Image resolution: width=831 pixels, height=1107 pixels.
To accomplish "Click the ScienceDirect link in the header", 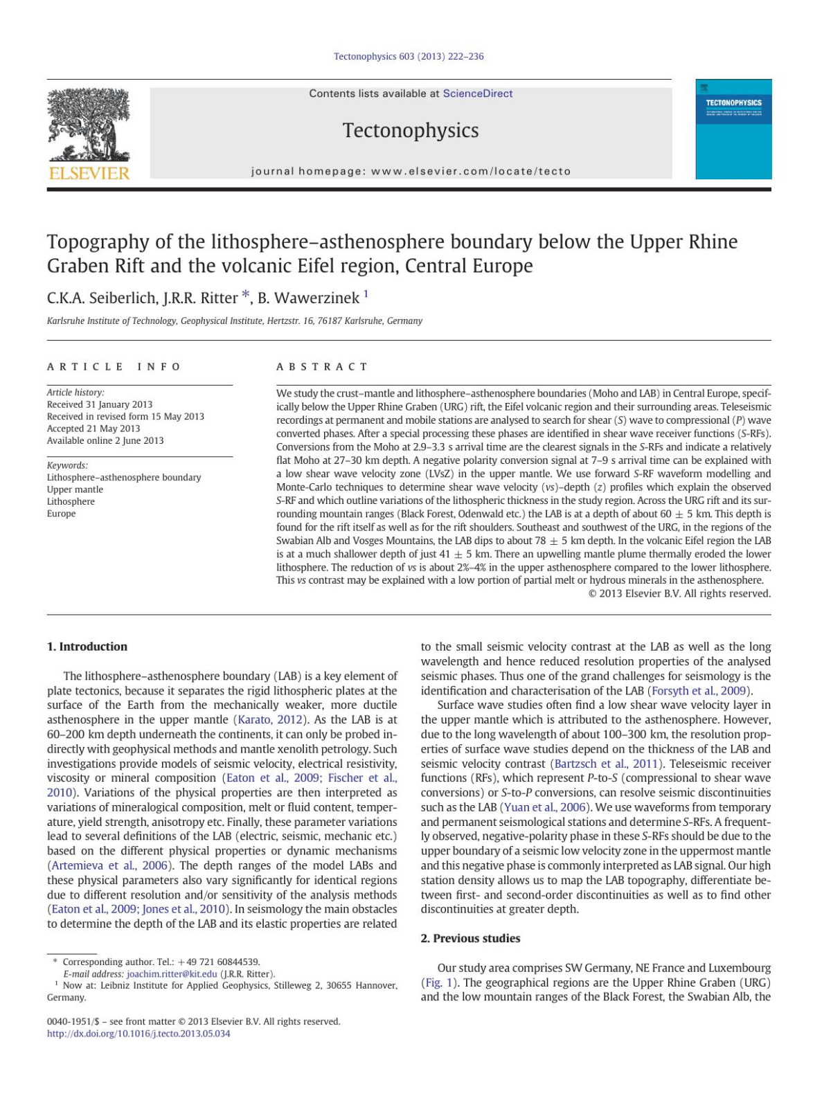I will (x=478, y=93).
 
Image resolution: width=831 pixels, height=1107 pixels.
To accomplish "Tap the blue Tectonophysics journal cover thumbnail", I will (x=733, y=129).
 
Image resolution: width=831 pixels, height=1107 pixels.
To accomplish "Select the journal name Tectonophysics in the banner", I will (x=411, y=130).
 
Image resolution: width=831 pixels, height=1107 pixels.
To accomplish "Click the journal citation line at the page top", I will (x=409, y=56).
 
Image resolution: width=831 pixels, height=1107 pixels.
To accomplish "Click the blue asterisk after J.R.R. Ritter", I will (x=246, y=296).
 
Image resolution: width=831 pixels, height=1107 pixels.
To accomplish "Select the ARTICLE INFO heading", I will (x=114, y=366).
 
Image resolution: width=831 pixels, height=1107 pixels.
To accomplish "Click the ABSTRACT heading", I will (x=322, y=366).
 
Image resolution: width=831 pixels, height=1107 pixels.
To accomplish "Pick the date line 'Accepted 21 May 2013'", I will (x=93, y=429).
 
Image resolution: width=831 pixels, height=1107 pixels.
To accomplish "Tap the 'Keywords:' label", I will (x=67, y=465).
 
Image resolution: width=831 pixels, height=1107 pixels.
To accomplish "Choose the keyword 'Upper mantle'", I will (x=75, y=489).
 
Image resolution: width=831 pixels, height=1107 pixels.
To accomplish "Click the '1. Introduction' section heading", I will (x=87, y=647).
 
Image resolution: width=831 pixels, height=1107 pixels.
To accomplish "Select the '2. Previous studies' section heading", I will (x=470, y=938).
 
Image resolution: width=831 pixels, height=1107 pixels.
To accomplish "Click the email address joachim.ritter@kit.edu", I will (x=172, y=974).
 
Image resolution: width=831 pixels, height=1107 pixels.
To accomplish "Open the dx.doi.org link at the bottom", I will (x=138, y=1034).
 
